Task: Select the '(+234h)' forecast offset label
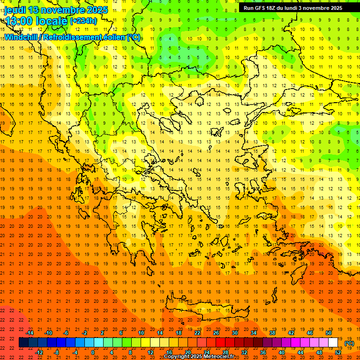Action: pos(83,21)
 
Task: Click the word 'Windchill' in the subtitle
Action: pos(21,37)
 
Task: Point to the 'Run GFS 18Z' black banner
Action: pos(293,7)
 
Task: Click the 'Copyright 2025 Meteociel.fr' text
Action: pos(199,356)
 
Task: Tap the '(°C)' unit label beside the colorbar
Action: pos(349,343)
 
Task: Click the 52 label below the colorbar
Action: pos(338,352)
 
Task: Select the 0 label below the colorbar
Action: pos(93,352)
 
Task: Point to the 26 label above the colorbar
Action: pos(216,333)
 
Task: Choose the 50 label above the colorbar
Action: pos(329,333)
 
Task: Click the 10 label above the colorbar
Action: pos(141,333)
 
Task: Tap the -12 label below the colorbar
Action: pos(39,352)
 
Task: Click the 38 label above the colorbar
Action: pos(272,333)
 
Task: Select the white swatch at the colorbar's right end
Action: pos(333,343)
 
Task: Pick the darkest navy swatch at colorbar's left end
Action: pos(23,343)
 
